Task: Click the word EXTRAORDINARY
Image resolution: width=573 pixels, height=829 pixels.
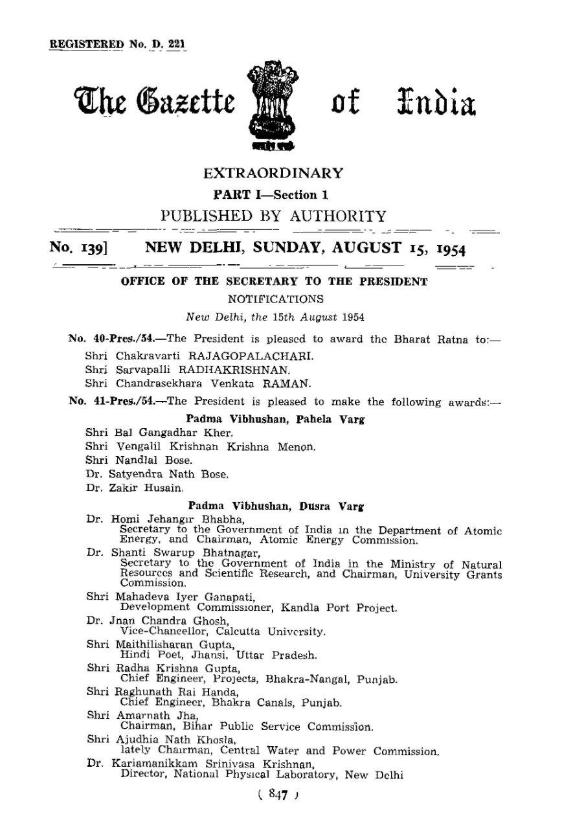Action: point(273,174)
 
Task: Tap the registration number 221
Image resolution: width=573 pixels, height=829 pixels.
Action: point(175,45)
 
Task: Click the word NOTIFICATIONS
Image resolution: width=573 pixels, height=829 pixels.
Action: point(275,300)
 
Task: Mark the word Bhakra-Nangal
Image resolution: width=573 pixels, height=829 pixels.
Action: point(303,679)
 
